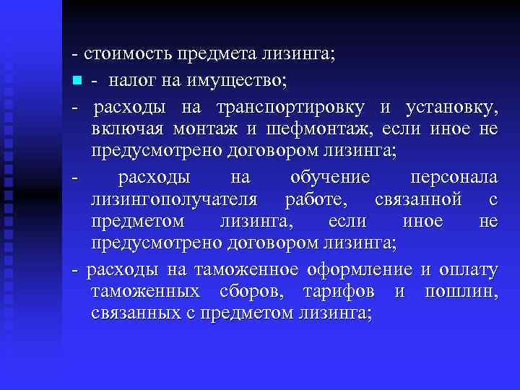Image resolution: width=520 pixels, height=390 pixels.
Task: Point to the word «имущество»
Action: click(x=244, y=77)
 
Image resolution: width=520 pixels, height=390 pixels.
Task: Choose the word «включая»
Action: click(x=126, y=130)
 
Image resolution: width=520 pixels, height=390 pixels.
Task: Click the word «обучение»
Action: click(x=329, y=177)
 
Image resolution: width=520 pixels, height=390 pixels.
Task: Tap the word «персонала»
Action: click(x=454, y=177)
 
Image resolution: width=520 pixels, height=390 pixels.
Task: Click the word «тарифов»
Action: click(x=342, y=292)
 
